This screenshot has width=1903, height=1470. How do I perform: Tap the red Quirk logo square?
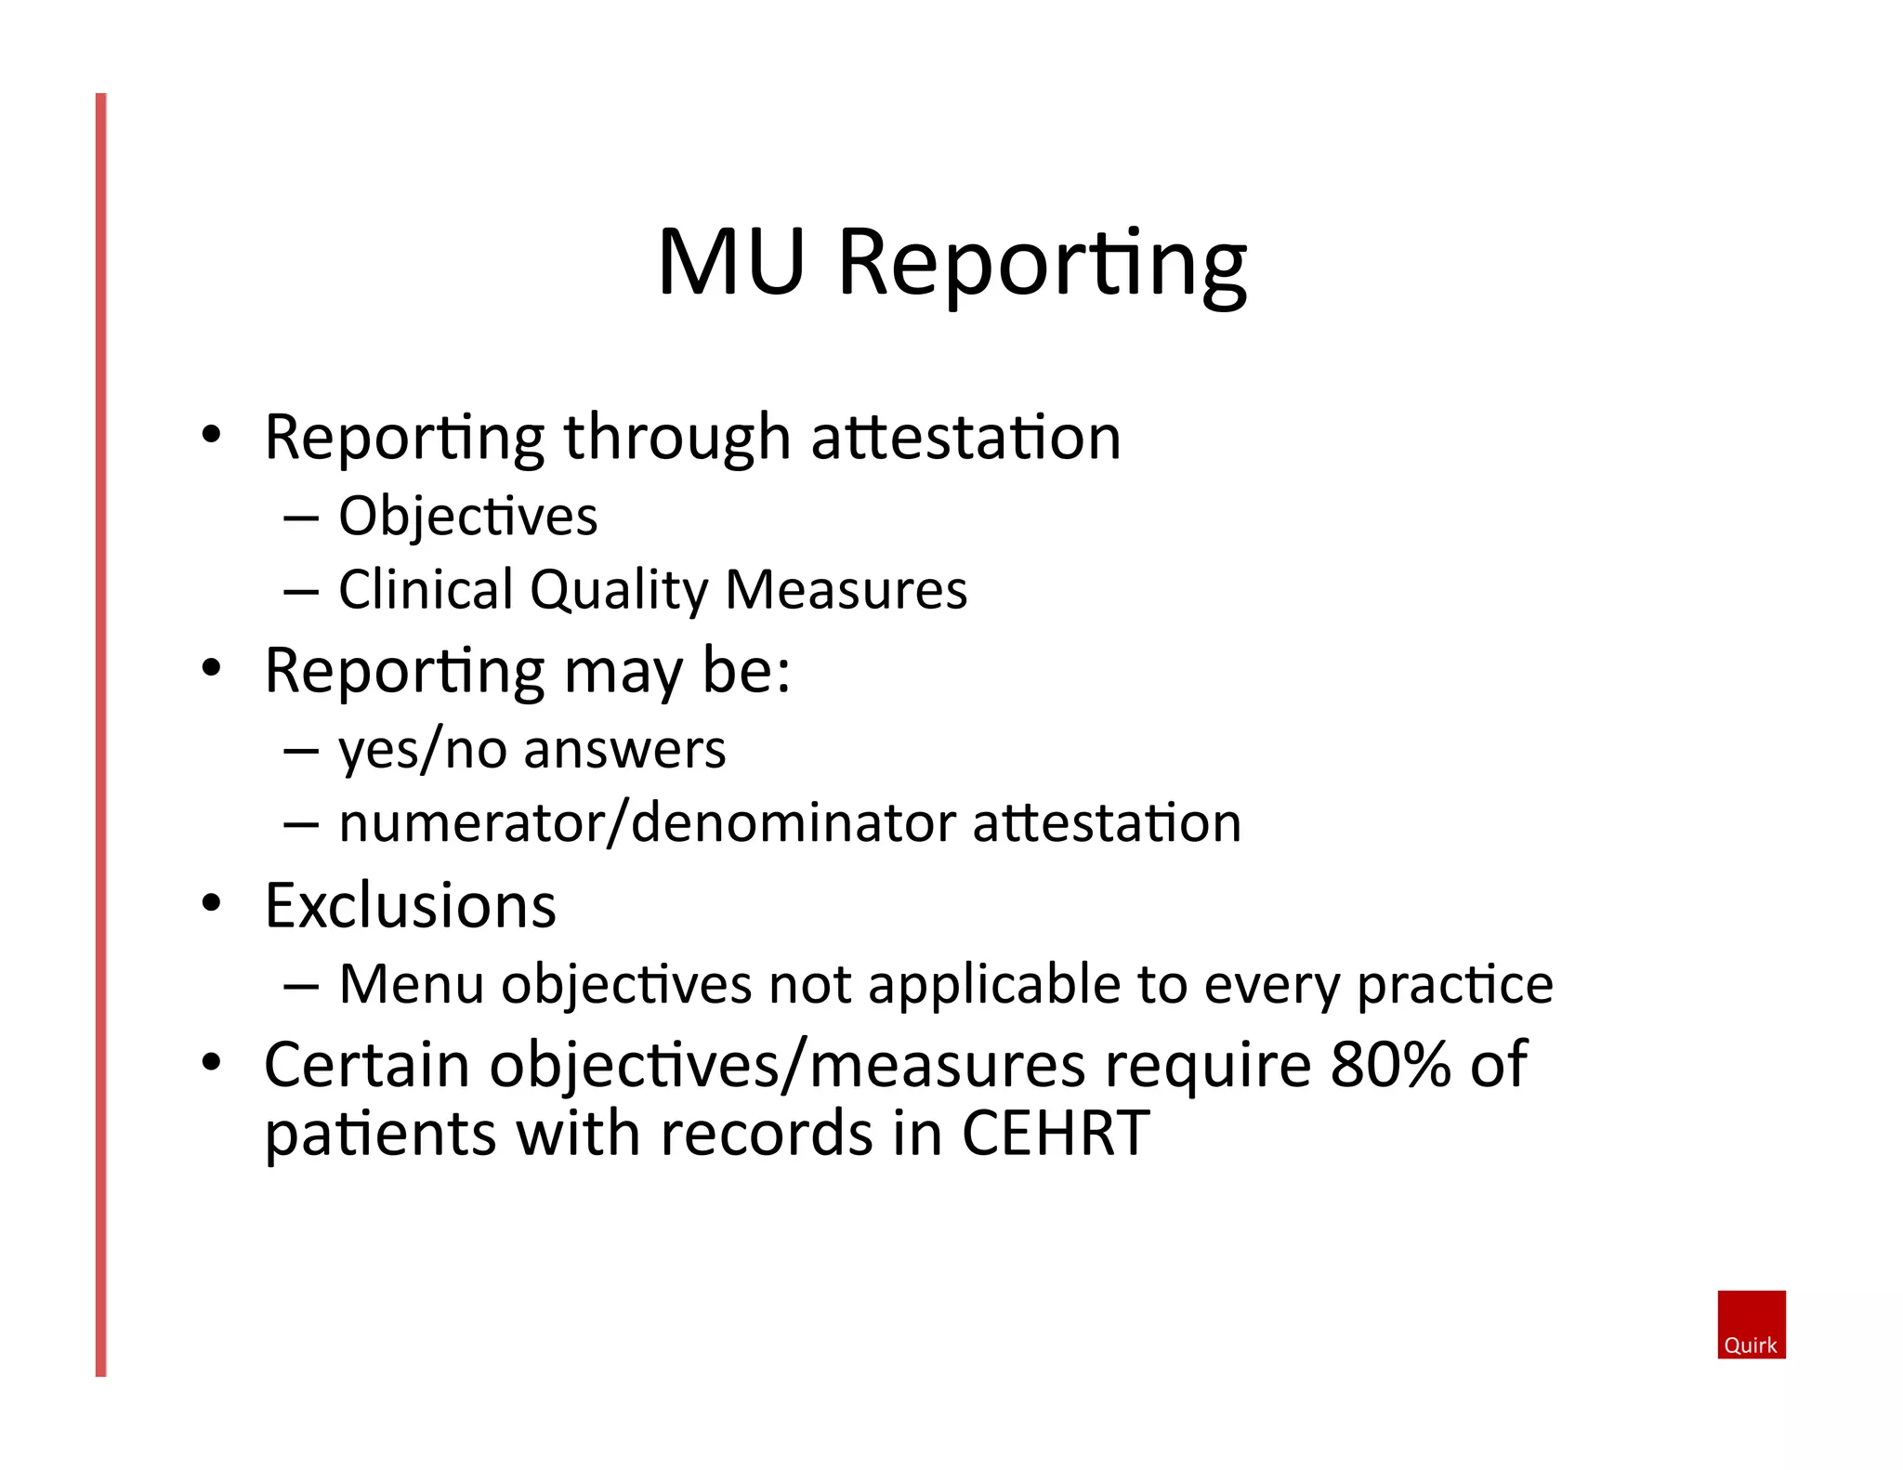[1751, 1324]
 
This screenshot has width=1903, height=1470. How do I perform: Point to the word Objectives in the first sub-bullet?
[467, 517]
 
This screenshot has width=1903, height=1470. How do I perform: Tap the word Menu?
[412, 984]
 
